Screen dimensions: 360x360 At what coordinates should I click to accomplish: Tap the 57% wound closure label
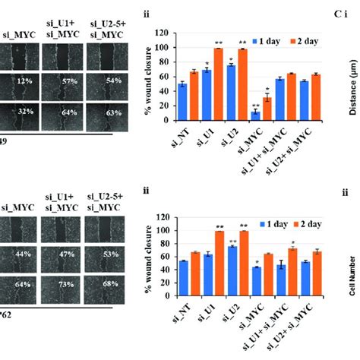[x=63, y=81]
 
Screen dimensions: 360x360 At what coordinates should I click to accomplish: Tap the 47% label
[x=63, y=253]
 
